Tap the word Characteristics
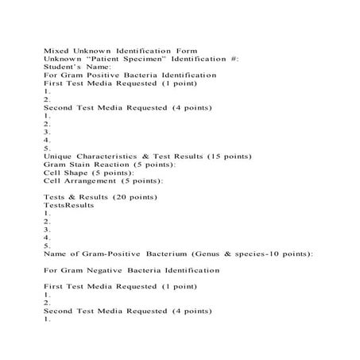(x=116, y=157)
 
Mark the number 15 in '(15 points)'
(x=212, y=157)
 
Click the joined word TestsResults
(x=68, y=205)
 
